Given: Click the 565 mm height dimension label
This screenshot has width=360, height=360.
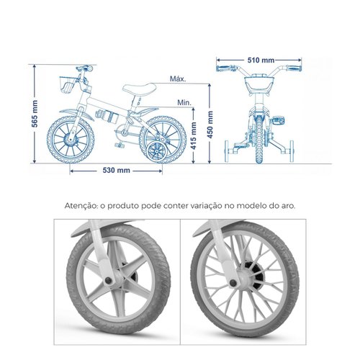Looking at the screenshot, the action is pyautogui.click(x=35, y=114).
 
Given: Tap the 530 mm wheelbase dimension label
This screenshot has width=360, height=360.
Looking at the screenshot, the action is pyautogui.click(x=117, y=171).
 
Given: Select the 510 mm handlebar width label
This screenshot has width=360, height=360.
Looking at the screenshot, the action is pyautogui.click(x=261, y=60).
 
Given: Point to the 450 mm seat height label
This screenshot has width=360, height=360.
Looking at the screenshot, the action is pyautogui.click(x=210, y=125).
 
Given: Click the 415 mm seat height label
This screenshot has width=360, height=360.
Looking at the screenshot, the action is pyautogui.click(x=194, y=136).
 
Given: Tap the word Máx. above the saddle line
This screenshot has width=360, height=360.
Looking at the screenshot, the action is pyautogui.click(x=178, y=79).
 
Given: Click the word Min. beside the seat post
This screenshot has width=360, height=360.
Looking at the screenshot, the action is pyautogui.click(x=184, y=103).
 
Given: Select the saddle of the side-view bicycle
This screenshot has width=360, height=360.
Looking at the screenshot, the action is pyautogui.click(x=140, y=89).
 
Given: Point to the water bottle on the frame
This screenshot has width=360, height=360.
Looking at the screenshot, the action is pyautogui.click(x=107, y=116).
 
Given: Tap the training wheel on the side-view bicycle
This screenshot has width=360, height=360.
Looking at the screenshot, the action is pyautogui.click(x=157, y=151).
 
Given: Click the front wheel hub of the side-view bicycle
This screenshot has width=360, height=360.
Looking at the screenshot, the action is pyautogui.click(x=71, y=140).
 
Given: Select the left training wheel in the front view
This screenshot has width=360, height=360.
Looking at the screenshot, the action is pyautogui.click(x=227, y=151).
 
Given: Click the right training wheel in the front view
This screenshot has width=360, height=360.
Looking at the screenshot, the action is pyautogui.click(x=292, y=151).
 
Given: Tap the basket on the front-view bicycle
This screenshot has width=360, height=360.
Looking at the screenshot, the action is pyautogui.click(x=259, y=84).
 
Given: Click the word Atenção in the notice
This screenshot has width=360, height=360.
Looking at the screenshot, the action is pyautogui.click(x=81, y=206).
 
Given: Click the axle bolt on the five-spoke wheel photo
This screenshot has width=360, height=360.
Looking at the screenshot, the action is pyautogui.click(x=108, y=280).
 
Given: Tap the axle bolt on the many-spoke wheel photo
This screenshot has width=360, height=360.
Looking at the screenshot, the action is pyautogui.click(x=233, y=283).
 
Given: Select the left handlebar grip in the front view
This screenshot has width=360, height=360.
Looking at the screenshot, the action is pyautogui.click(x=222, y=68).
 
